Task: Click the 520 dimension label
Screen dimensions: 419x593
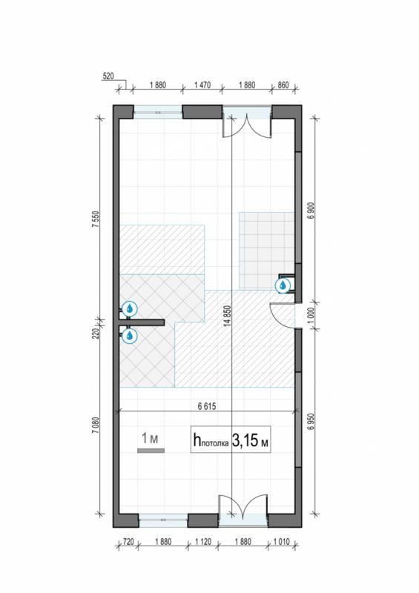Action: click(x=108, y=76)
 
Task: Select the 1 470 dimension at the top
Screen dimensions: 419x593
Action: click(x=202, y=85)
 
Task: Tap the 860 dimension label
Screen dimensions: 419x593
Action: click(x=283, y=85)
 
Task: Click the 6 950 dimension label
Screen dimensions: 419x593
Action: click(x=311, y=421)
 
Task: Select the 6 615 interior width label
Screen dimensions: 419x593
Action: click(x=207, y=406)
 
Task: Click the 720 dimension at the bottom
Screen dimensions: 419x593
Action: click(x=129, y=542)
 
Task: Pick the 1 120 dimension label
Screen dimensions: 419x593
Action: click(x=203, y=542)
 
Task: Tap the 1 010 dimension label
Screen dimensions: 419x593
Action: click(x=281, y=542)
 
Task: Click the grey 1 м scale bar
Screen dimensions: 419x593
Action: click(x=151, y=451)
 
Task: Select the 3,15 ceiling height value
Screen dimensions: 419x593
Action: click(x=245, y=440)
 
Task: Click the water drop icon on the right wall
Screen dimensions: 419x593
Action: click(x=283, y=286)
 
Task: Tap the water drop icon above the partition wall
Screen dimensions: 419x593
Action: click(x=130, y=309)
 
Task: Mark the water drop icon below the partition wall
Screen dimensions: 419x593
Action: click(x=130, y=336)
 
